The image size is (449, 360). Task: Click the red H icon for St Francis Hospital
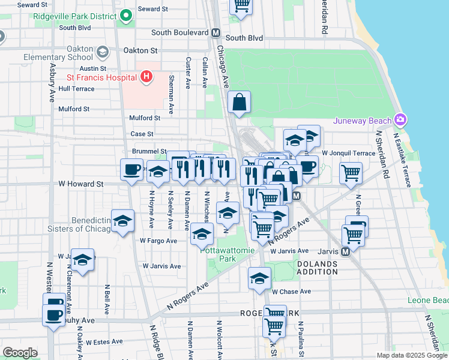[x=145, y=77]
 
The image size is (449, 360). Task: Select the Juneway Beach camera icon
[x=400, y=120]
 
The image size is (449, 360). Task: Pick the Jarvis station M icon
[x=345, y=251]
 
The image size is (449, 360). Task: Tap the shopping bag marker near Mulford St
[x=239, y=103]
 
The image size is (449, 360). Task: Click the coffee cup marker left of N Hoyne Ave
[x=131, y=169]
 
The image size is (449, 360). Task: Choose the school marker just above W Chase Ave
[x=259, y=278]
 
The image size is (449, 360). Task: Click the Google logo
[x=20, y=353]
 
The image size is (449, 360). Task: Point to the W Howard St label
[x=81, y=184]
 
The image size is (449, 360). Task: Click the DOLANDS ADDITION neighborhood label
[x=317, y=268]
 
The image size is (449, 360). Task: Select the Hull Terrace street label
[x=76, y=88]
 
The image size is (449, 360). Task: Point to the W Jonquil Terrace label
[x=348, y=154]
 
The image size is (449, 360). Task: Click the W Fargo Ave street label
[x=158, y=241]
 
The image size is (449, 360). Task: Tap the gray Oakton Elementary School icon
[x=102, y=52]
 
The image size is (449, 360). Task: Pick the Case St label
[x=142, y=134]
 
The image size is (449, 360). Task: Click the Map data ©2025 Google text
[x=412, y=355]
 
